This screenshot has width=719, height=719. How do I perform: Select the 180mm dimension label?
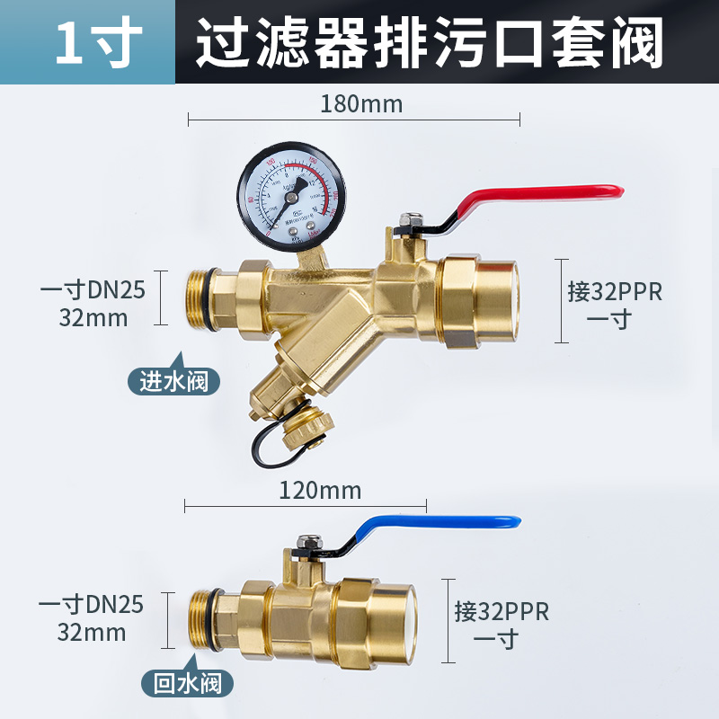click(x=361, y=104)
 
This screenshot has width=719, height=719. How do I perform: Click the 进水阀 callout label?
click(x=173, y=381)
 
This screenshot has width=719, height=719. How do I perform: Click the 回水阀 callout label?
click(x=188, y=682)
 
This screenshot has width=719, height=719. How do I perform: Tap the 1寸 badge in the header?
click(x=86, y=41)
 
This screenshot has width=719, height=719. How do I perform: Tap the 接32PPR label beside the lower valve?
click(x=501, y=613)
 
